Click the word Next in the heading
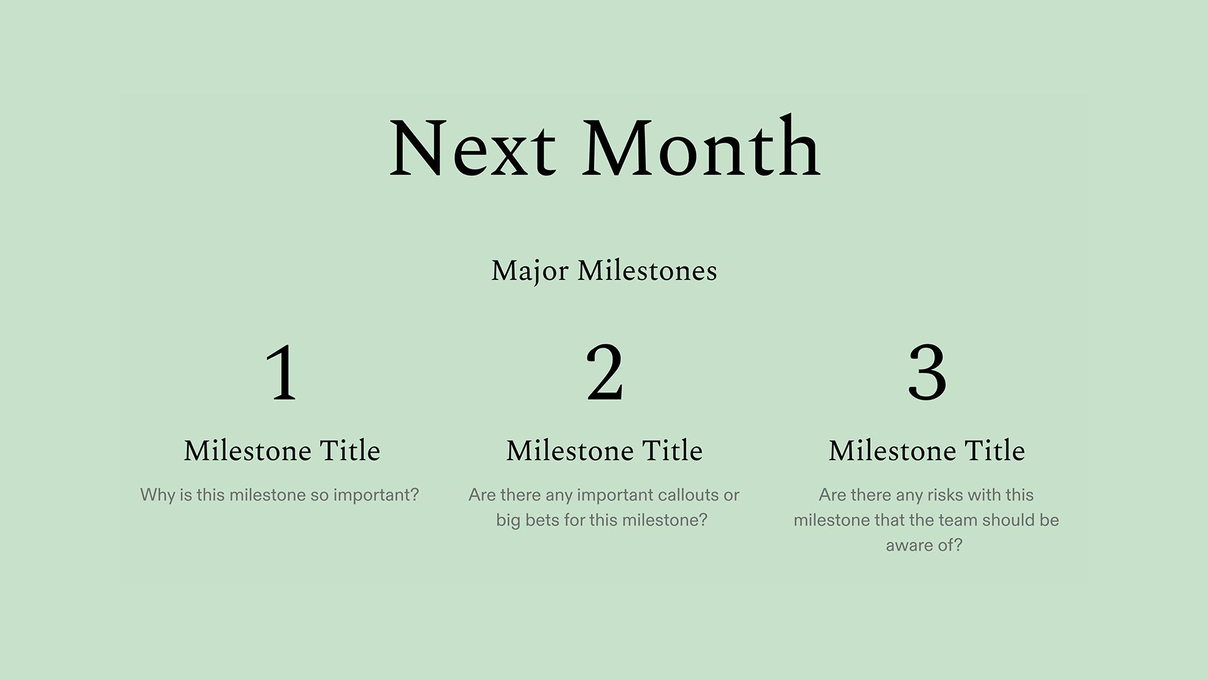(472, 149)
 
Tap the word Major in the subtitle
(530, 271)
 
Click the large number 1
(281, 373)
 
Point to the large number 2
(604, 373)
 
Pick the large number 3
(927, 373)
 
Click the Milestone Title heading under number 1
(282, 451)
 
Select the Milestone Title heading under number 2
(604, 451)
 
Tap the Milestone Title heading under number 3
(927, 451)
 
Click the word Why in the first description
(157, 495)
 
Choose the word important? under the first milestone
(376, 495)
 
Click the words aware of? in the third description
(924, 545)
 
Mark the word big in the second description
(508, 521)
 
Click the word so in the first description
(319, 495)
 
